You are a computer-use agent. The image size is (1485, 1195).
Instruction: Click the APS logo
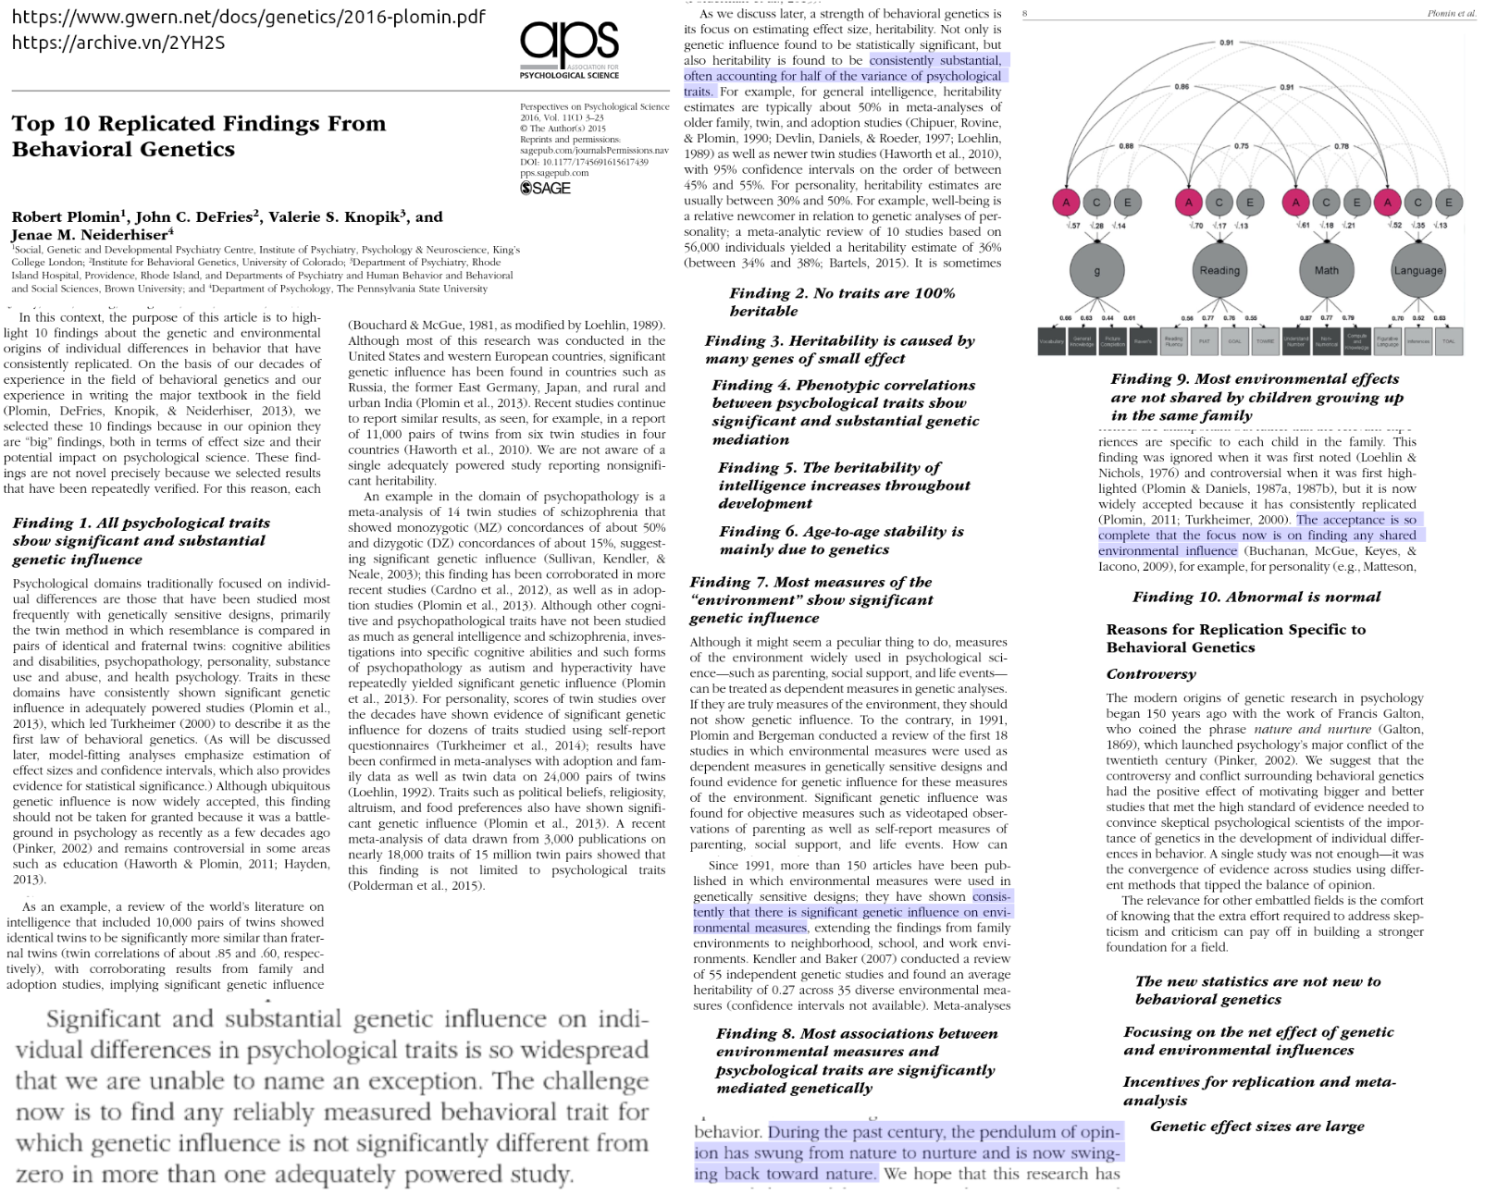click(569, 45)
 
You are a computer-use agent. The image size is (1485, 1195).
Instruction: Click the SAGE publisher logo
click(545, 188)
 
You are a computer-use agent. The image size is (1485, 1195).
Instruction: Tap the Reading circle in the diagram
click(1219, 270)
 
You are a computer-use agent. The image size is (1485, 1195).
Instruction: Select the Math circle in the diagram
click(1326, 270)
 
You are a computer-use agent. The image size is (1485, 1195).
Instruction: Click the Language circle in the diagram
click(1417, 270)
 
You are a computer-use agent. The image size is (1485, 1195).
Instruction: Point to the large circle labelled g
click(1097, 270)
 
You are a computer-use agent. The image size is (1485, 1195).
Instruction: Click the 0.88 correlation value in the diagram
click(1125, 146)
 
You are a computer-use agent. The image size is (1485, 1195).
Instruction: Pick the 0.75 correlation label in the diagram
click(1241, 146)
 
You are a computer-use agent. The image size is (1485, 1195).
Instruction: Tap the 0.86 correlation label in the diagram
click(1182, 87)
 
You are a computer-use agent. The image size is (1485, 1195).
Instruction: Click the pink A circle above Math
click(1295, 202)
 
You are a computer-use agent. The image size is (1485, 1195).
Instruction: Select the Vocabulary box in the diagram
click(1051, 340)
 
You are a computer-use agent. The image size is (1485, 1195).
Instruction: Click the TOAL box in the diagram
click(1448, 340)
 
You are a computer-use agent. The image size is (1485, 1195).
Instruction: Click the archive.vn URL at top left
click(118, 43)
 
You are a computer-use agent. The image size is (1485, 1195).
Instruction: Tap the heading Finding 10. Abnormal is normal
click(1256, 597)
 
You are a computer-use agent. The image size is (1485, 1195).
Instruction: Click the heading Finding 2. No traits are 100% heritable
click(842, 302)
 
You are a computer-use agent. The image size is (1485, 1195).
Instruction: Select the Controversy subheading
click(1151, 674)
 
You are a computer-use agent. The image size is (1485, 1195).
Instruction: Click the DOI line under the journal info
click(584, 162)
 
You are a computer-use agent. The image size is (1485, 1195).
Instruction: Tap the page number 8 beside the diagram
click(1025, 14)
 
